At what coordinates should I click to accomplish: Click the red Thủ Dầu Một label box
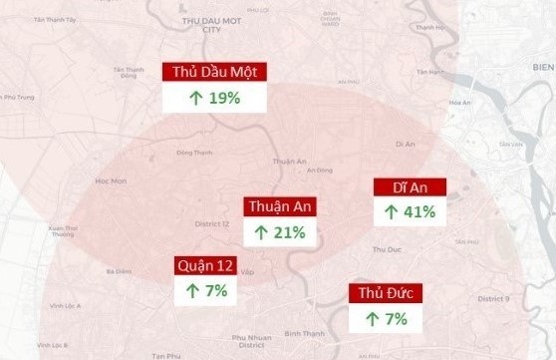coord(213,73)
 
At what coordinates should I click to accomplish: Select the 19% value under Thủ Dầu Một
coord(225,98)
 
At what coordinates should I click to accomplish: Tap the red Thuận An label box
coord(278,206)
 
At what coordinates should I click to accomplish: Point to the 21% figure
coord(288,232)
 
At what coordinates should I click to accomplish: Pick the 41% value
coord(419,211)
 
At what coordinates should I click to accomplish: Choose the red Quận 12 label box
coord(206,265)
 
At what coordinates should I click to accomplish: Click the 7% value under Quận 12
coord(215,291)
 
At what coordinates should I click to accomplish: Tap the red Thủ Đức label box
coord(384,292)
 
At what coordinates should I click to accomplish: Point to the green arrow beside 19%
coord(195,98)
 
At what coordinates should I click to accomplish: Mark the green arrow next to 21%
coord(260,232)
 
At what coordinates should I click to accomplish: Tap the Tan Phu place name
coord(167,355)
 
